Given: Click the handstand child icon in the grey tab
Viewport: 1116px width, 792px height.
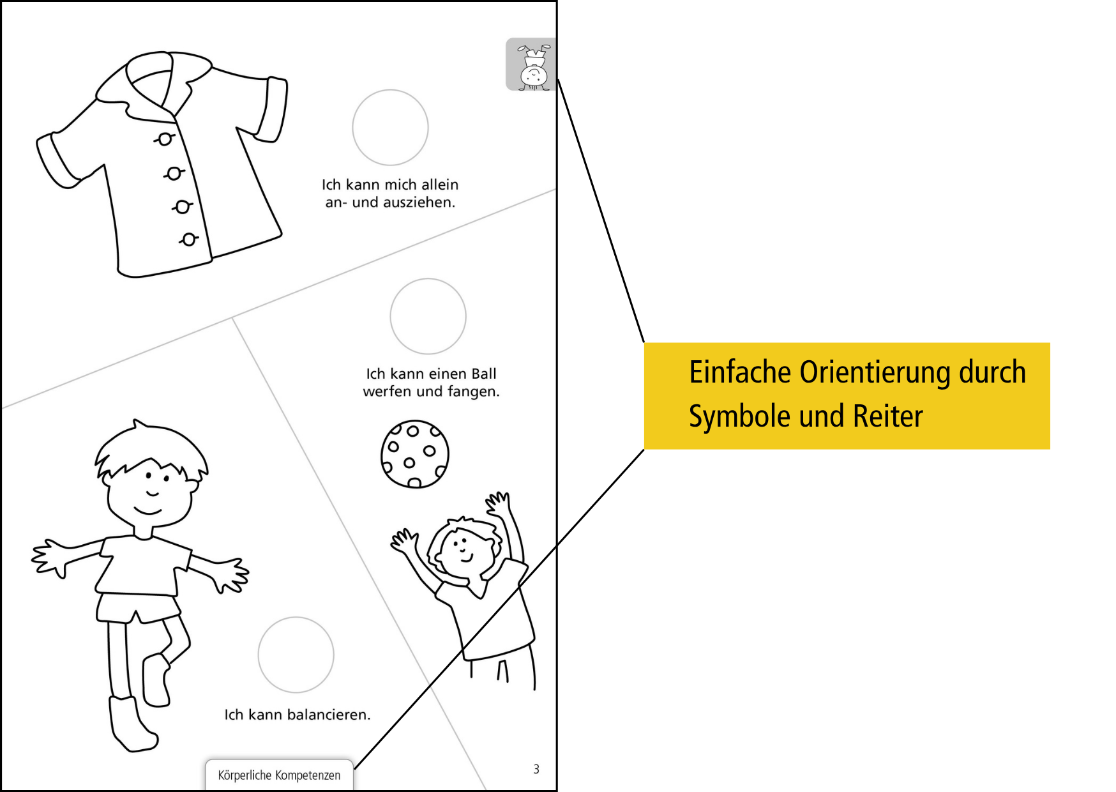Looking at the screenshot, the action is [x=532, y=66].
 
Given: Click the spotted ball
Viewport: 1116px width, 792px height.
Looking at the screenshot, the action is [x=414, y=454].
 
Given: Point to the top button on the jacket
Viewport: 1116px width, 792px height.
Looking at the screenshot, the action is [x=165, y=139].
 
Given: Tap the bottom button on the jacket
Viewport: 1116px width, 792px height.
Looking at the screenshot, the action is [x=188, y=240].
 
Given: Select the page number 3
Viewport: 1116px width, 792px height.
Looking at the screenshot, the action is [x=536, y=769].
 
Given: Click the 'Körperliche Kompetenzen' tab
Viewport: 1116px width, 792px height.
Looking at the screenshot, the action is [x=279, y=775].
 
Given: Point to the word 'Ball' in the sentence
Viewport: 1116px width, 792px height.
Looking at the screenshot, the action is [x=484, y=374].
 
